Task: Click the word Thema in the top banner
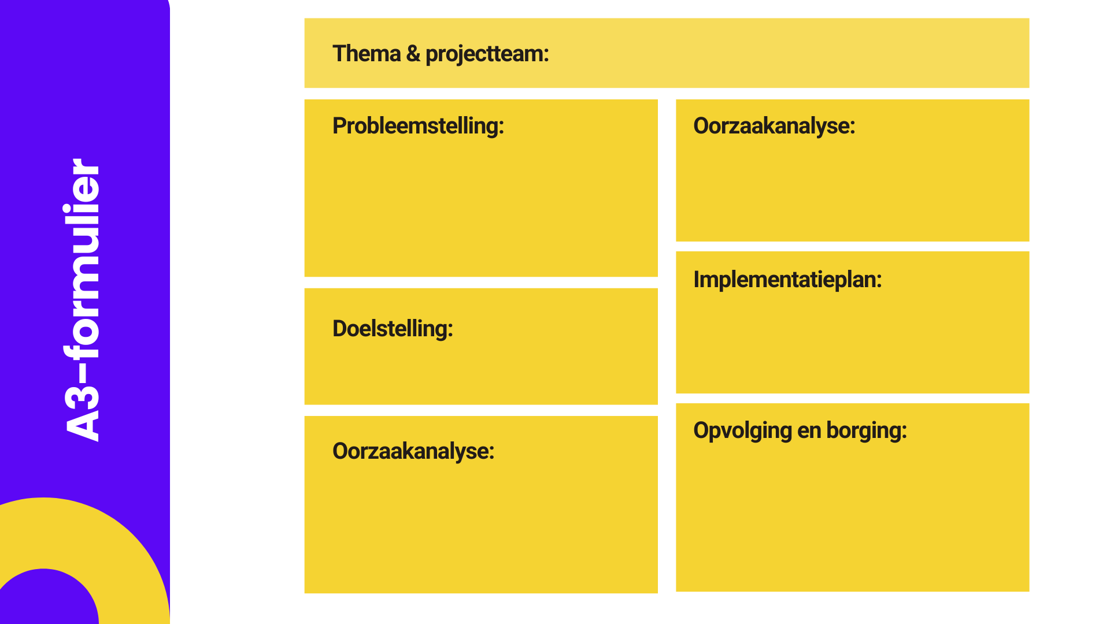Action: pos(367,54)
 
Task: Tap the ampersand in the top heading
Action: pos(413,54)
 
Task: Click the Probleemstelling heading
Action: pos(418,127)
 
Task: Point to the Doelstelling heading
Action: pos(393,329)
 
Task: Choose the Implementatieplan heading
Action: pos(787,280)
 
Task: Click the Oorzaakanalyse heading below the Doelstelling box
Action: pos(413,452)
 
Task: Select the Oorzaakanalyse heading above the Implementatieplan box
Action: pos(774,127)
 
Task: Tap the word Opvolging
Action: pos(742,431)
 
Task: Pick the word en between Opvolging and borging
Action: pos(809,433)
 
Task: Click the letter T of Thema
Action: pos(339,54)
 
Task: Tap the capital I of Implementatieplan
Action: pos(697,279)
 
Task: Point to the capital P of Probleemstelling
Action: pos(339,125)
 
